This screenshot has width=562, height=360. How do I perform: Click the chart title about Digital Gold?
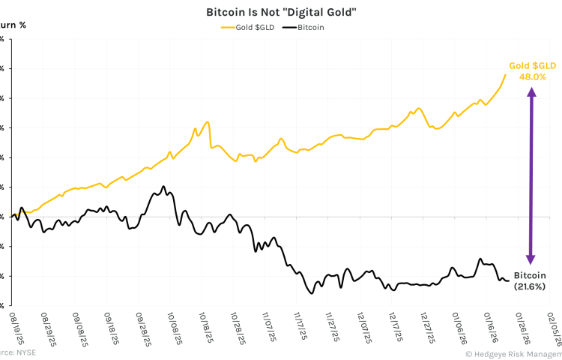pos(280,13)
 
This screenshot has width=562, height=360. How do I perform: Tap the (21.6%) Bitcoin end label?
pos(530,286)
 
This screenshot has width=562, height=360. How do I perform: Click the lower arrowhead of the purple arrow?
pos(531,258)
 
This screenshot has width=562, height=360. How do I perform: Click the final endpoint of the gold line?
pos(505,74)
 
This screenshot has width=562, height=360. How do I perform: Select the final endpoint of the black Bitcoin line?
pos(508,281)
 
